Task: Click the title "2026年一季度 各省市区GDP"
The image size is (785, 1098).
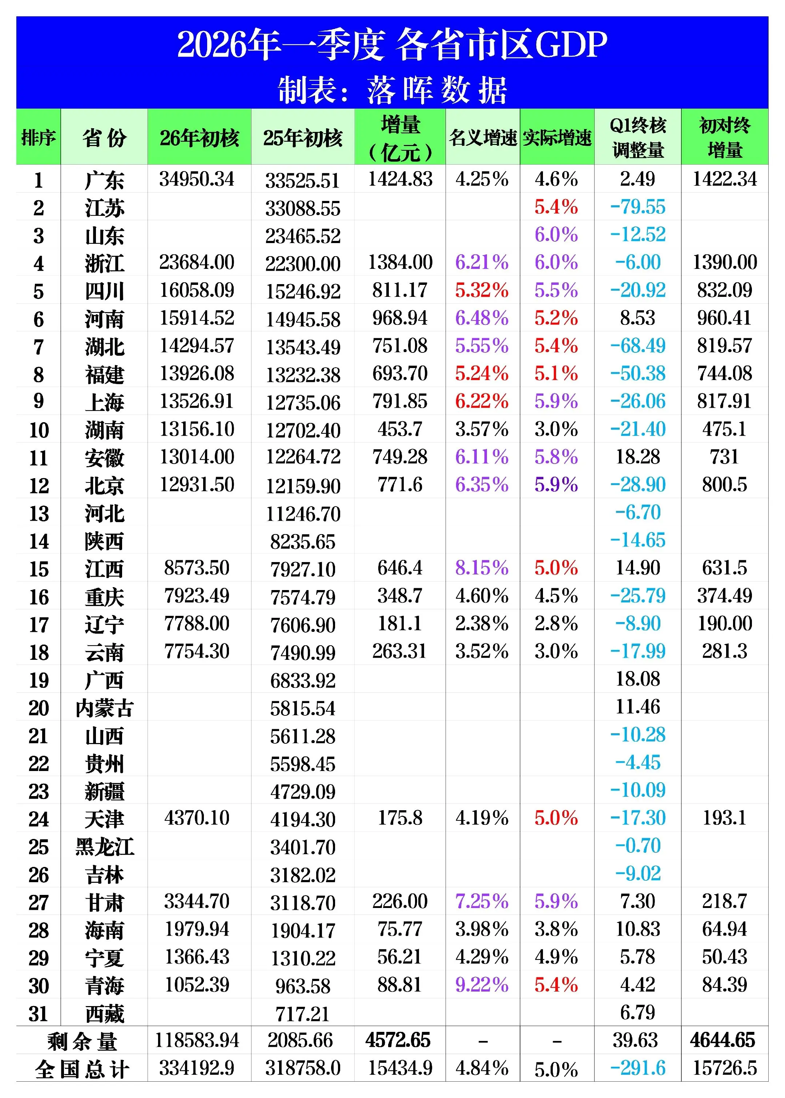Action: (392, 45)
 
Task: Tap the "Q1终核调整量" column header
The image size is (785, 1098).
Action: (637, 137)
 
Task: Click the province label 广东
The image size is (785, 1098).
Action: (104, 180)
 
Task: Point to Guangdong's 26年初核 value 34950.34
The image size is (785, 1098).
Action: (197, 179)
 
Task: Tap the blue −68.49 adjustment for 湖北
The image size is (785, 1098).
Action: (637, 346)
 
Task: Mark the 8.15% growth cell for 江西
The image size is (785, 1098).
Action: (482, 568)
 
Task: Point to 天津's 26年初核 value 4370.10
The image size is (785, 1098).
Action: (197, 818)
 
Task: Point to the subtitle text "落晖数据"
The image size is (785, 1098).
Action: (436, 91)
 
